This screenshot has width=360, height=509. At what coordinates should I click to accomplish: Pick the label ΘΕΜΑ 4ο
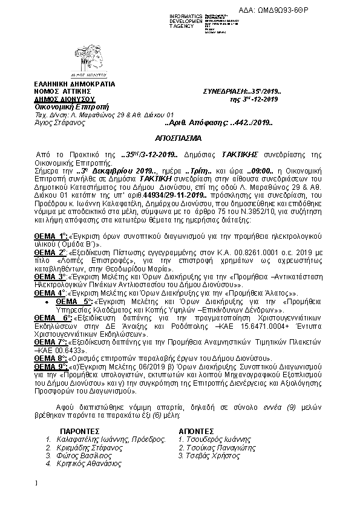point(51,291)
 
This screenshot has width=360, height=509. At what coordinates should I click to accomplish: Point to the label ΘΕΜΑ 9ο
point(52,366)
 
